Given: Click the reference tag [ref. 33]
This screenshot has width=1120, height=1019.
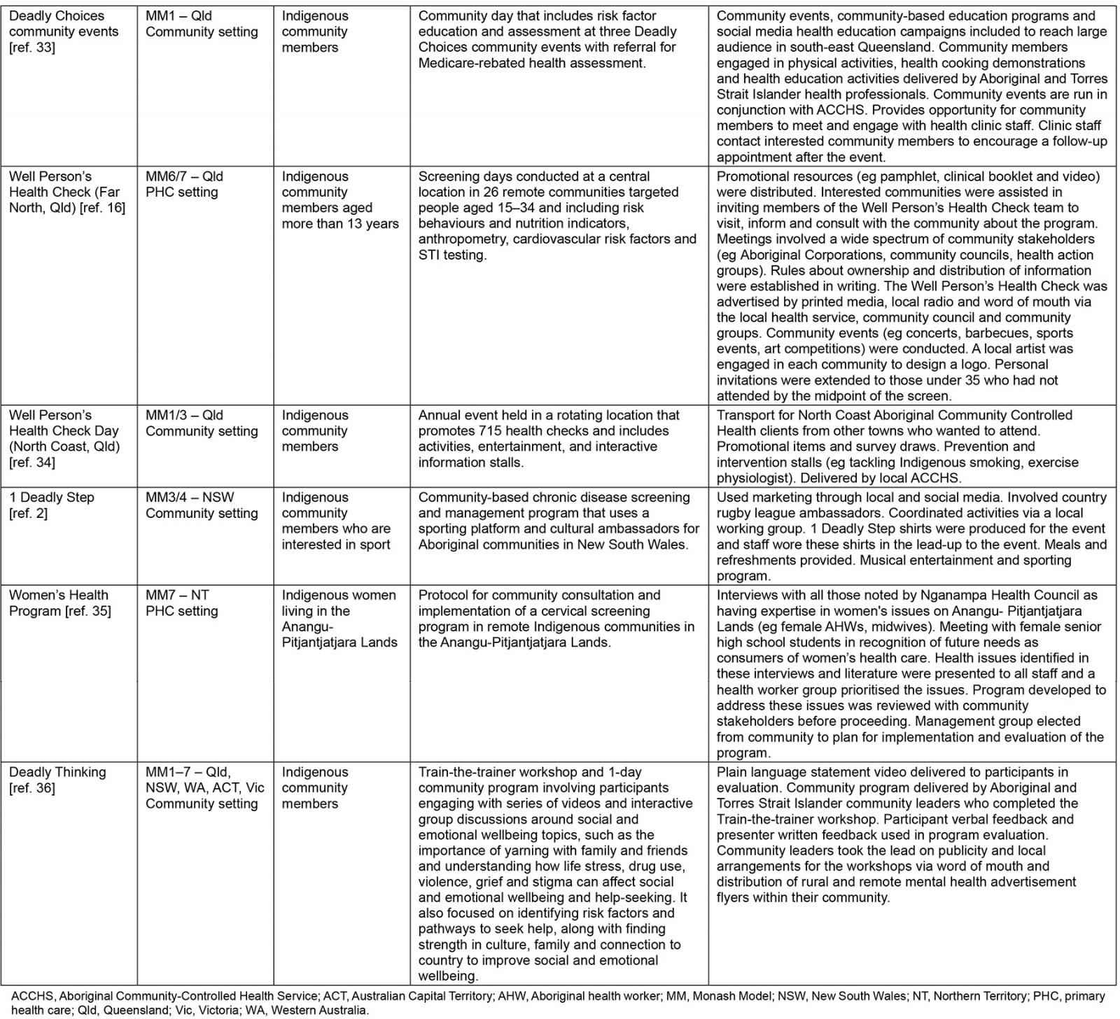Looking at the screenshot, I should [x=32, y=48].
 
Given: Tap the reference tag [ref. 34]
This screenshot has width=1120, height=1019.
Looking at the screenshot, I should [x=32, y=463].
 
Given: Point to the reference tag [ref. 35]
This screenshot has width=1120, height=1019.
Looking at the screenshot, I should [x=87, y=611].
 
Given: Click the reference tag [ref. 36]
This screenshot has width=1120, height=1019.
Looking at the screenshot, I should [x=32, y=788].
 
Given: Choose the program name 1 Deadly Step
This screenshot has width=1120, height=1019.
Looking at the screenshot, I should [x=52, y=498].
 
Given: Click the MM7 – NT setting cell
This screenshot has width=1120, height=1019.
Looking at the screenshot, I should [x=181, y=603].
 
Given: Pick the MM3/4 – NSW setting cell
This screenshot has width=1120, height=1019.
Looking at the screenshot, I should [x=202, y=505].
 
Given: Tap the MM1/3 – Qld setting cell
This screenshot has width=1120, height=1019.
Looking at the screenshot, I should [x=202, y=423].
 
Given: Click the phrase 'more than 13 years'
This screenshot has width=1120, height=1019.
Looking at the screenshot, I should [x=340, y=224].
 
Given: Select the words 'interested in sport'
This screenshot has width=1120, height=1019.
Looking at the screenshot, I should [x=336, y=544].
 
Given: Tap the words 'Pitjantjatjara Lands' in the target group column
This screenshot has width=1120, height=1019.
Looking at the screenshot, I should [x=339, y=642].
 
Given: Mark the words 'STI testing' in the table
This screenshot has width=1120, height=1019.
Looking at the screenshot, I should [x=451, y=255].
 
